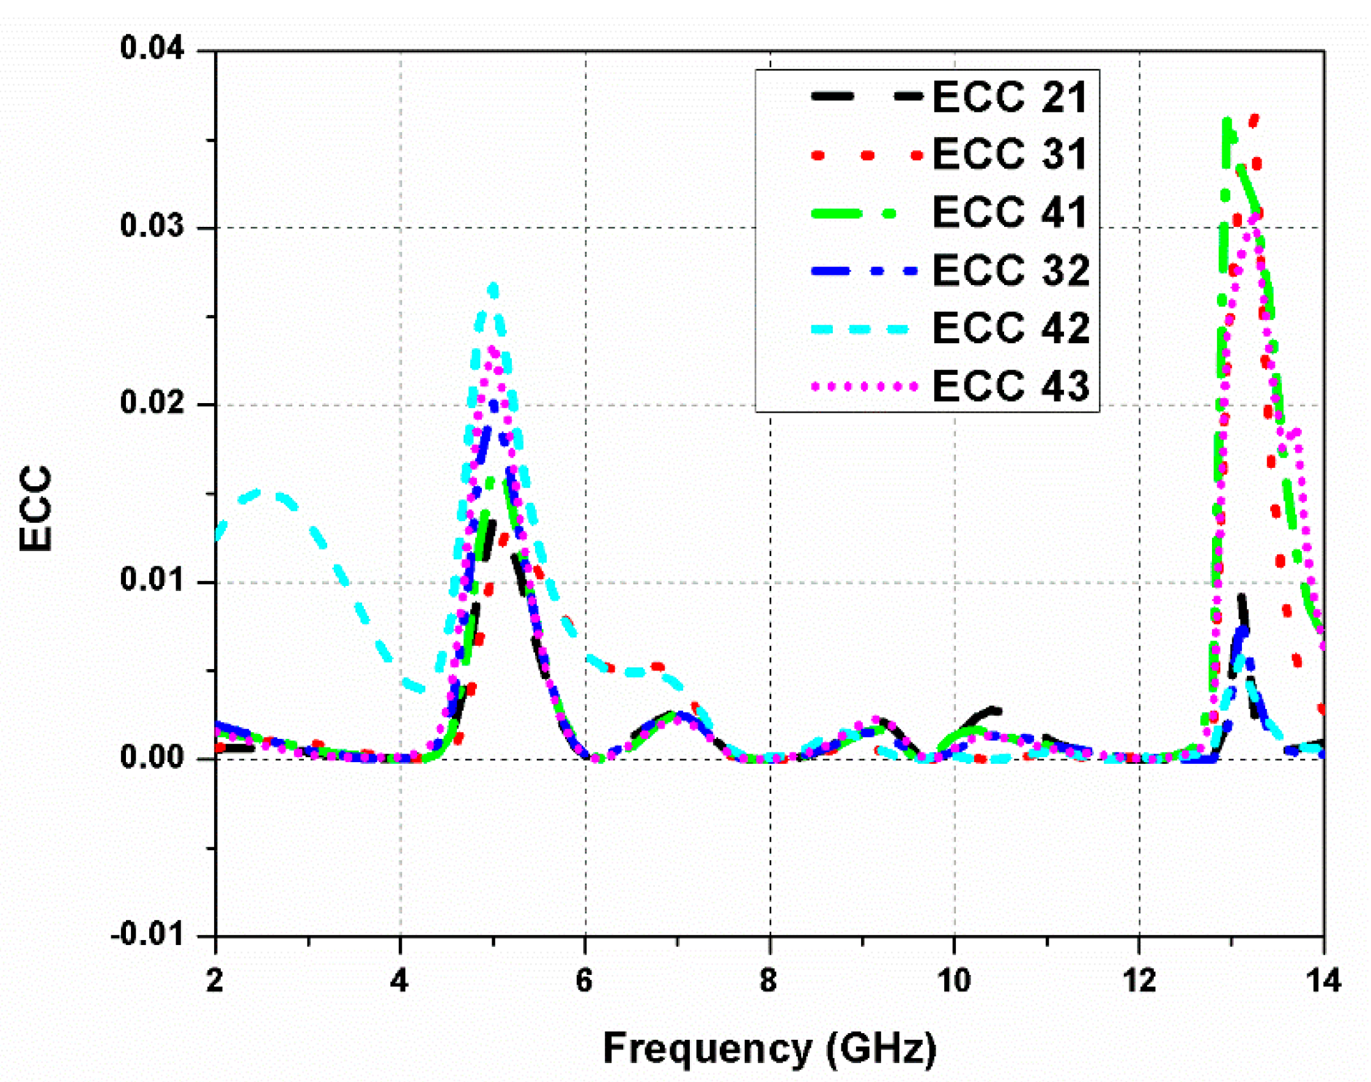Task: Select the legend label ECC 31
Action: point(1010,154)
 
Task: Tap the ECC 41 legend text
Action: point(1010,212)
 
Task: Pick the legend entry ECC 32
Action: point(1011,270)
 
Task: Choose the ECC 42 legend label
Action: point(1011,328)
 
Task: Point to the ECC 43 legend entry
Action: point(1011,385)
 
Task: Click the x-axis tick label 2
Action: point(215,980)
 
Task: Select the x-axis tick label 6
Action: point(585,980)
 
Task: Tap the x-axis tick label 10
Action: point(954,980)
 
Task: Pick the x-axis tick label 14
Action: point(1323,980)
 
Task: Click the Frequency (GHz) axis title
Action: point(769,1048)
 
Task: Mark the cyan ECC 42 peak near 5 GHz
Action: point(493,289)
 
